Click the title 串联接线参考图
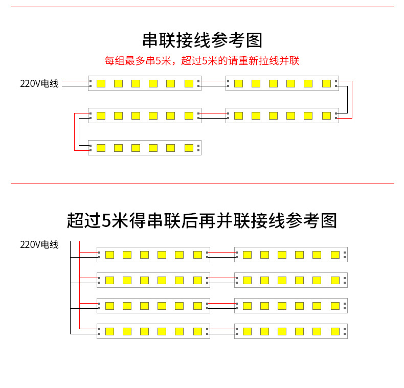[x=202, y=40]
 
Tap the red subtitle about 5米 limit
[x=202, y=61]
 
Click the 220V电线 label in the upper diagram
[x=39, y=83]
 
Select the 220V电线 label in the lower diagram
[x=39, y=244]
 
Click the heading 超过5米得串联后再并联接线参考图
[x=202, y=220]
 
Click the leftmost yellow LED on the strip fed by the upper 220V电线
[x=101, y=83]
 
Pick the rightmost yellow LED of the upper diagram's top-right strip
[x=326, y=83]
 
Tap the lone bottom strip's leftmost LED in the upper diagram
[x=101, y=148]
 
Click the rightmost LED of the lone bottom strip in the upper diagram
[x=189, y=148]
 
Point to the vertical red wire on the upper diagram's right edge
[x=352, y=100]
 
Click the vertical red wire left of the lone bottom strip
[x=75, y=132]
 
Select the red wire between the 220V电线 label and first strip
[x=75, y=81]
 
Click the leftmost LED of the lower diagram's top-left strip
[x=109, y=255]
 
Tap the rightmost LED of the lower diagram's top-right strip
[x=335, y=255]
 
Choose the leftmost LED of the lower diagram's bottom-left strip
[x=109, y=331]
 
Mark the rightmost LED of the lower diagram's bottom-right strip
[x=335, y=331]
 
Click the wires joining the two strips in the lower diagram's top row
[x=222, y=255]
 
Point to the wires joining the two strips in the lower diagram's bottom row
[x=222, y=331]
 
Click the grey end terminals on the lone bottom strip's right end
[x=198, y=148]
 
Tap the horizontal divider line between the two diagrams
[x=202, y=184]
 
